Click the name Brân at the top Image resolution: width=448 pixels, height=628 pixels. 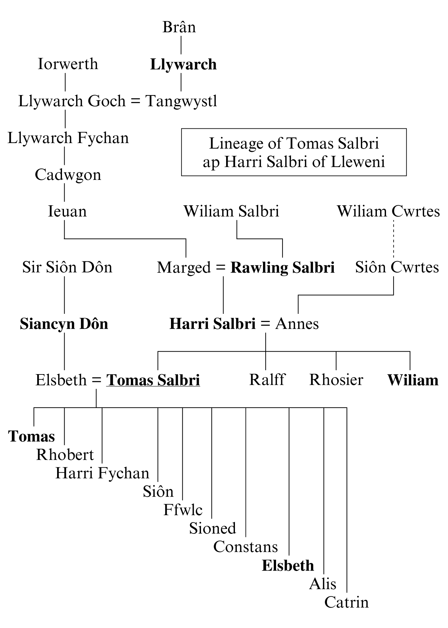pyautogui.click(x=179, y=27)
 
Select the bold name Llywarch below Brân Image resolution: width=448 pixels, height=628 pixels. pyautogui.click(x=183, y=64)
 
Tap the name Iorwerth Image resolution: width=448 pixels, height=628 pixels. pyautogui.click(x=68, y=64)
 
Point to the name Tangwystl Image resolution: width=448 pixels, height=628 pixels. pyautogui.click(x=181, y=101)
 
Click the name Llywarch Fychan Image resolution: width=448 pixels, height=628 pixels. pyautogui.click(x=68, y=138)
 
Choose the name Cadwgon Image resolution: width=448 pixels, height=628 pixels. pyautogui.click(x=68, y=175)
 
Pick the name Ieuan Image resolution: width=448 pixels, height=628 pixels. pyautogui.click(x=67, y=212)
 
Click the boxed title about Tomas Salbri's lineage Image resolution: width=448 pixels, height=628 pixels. pyautogui.click(x=294, y=152)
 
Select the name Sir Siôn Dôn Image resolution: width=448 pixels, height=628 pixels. pyautogui.click(x=67, y=267)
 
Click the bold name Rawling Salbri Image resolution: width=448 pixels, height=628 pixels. pyautogui.click(x=283, y=268)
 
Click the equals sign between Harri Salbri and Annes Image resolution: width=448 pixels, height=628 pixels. pyautogui.click(x=265, y=324)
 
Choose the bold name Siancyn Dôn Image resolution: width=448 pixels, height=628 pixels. pyautogui.click(x=64, y=324)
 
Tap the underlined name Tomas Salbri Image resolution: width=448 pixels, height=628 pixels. pyautogui.click(x=153, y=380)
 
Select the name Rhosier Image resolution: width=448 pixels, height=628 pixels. pyautogui.click(x=336, y=380)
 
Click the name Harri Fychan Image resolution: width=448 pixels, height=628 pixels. pyautogui.click(x=102, y=473)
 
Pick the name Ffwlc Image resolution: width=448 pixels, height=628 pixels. pyautogui.click(x=183, y=510)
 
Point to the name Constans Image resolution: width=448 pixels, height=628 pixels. pyautogui.click(x=245, y=547)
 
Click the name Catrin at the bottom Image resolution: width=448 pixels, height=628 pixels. pyautogui.click(x=346, y=602)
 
